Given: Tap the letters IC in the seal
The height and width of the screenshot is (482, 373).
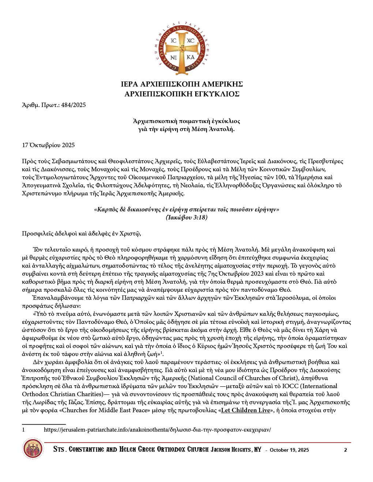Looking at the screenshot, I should point(173,41).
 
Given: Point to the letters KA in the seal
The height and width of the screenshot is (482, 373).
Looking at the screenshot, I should point(191,57).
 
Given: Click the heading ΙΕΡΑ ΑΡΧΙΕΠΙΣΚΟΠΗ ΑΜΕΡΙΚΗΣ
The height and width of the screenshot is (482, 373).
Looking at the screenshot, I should point(182,84).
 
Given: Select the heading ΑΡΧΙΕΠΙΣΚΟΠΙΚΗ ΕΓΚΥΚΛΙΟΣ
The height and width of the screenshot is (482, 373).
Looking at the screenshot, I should point(182,94).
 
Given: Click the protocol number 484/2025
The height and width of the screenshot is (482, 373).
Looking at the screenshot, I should point(74,105).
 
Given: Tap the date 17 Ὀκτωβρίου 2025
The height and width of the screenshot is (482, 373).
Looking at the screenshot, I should point(48,145).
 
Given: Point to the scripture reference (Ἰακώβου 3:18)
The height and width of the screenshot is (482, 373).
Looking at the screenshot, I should point(186,218).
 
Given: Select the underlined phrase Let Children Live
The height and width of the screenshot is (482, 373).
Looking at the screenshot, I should point(245,410).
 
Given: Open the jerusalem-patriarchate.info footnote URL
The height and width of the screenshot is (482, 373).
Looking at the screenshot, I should point(157,430).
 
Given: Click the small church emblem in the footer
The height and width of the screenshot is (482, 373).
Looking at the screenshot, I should point(33,450).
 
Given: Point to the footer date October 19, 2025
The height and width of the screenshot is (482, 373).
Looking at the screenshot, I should point(289,450).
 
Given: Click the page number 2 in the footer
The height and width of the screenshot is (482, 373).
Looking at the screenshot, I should point(346,450).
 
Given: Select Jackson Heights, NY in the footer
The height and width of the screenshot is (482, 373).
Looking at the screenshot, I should point(236,450).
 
